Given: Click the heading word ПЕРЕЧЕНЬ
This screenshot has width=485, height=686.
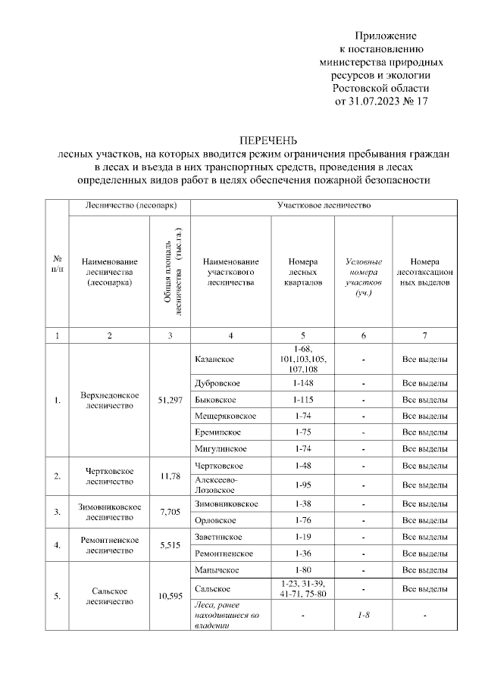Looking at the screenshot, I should pyautogui.click(x=268, y=141).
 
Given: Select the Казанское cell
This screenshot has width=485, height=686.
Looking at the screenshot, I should pyautogui.click(x=214, y=358).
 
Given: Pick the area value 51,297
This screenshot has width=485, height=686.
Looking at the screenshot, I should pyautogui.click(x=170, y=400).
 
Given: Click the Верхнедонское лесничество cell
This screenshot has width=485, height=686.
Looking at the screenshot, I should pyautogui.click(x=109, y=400).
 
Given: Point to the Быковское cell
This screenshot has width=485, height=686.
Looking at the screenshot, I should pyautogui.click(x=215, y=399).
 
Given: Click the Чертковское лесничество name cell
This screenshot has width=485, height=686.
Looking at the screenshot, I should pyautogui.click(x=109, y=476).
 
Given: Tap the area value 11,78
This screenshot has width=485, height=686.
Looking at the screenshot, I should pyautogui.click(x=170, y=476).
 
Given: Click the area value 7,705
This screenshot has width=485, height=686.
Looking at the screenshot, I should pyautogui.click(x=170, y=512).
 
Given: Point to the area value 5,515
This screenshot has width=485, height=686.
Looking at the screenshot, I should pyautogui.click(x=170, y=545).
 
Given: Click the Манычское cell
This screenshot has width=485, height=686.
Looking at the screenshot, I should pyautogui.click(x=214, y=570).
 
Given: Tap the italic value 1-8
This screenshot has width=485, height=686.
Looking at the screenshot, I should pyautogui.click(x=364, y=616).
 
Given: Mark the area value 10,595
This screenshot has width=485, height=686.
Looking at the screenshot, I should pyautogui.click(x=170, y=597).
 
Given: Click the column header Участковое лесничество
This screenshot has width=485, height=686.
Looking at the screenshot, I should pyautogui.click(x=323, y=205).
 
